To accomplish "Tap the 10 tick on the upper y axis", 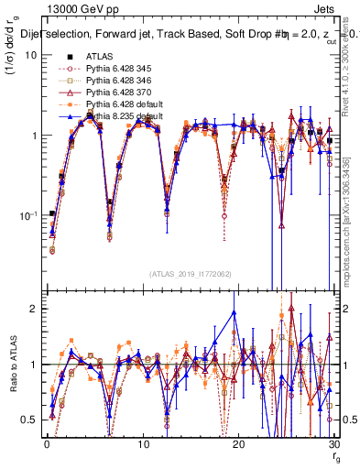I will (30, 55).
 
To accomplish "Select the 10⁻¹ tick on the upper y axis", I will (27, 216).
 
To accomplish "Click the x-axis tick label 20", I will (238, 444).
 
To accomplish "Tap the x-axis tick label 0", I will (46, 444).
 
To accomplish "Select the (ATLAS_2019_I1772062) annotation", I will (189, 273).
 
